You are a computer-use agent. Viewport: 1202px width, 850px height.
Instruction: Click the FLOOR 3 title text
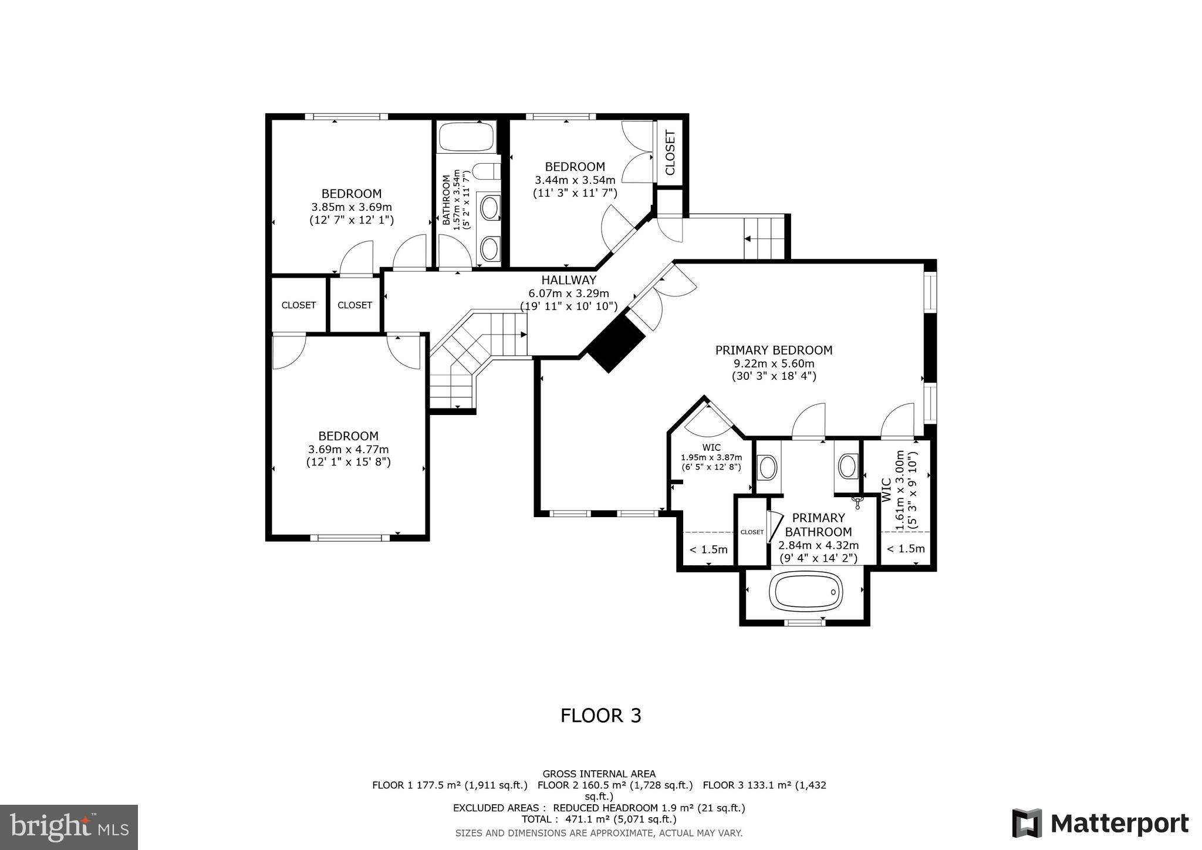[600, 716]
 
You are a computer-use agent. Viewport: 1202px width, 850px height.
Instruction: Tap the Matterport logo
[1100, 823]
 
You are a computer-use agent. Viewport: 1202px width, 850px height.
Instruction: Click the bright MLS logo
[69, 827]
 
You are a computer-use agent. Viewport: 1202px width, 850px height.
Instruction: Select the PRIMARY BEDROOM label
[774, 350]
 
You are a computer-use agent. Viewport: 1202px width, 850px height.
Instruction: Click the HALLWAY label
[568, 281]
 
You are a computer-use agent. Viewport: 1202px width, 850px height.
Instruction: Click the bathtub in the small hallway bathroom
[467, 137]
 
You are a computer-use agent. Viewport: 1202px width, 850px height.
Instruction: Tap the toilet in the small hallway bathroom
[486, 171]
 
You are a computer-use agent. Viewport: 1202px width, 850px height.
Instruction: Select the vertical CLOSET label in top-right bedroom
[670, 153]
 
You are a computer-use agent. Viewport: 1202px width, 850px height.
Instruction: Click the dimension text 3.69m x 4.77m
[348, 450]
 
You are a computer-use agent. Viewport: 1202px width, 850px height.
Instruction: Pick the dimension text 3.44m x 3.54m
[575, 180]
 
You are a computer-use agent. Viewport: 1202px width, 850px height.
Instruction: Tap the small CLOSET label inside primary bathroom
[752, 532]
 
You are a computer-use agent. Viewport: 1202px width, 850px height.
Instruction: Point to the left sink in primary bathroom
[768, 468]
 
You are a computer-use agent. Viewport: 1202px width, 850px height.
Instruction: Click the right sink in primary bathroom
[847, 466]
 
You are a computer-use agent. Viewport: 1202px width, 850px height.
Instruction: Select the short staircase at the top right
[764, 238]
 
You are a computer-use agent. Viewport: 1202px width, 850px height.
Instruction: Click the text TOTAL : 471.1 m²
[599, 819]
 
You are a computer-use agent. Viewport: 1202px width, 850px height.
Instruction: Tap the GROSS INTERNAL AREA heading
[599, 774]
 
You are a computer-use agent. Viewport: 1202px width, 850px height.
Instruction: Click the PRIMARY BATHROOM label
[818, 525]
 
